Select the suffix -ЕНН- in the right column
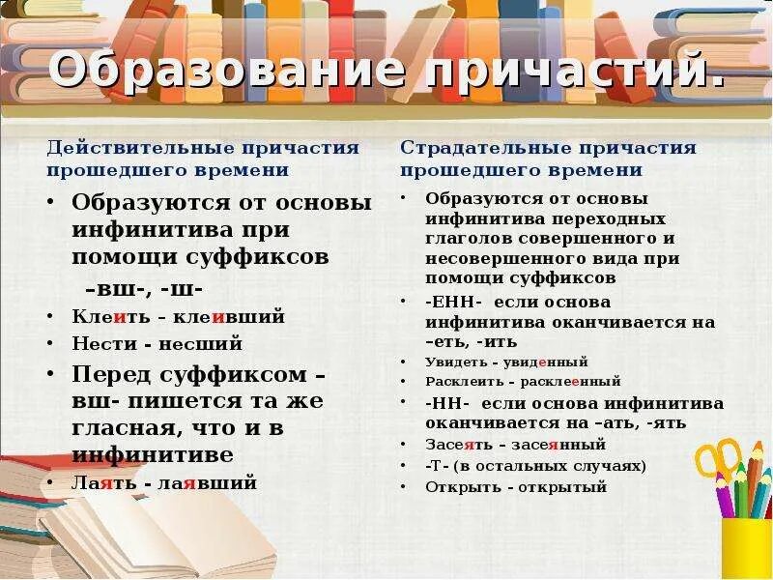pos(454,302)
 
